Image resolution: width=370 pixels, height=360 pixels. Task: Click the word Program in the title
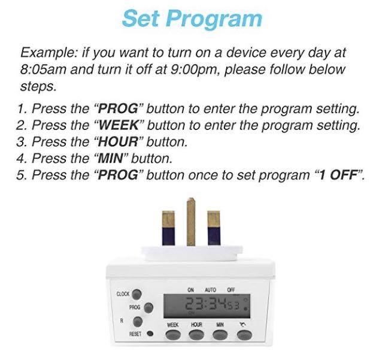coord(214,19)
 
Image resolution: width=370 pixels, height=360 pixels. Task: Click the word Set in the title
coord(141,18)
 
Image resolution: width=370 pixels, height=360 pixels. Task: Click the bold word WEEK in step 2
coord(120,126)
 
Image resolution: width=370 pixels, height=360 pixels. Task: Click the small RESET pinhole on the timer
coord(150,334)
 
